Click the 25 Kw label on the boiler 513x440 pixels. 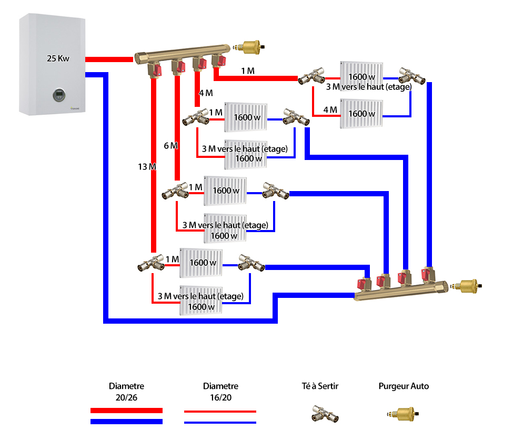tap(58, 58)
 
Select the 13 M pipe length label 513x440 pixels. tap(147, 167)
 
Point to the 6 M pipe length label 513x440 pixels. tap(170, 145)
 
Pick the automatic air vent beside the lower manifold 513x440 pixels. tap(468, 287)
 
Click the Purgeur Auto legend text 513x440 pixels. tap(404, 386)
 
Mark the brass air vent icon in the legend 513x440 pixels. tap(403, 414)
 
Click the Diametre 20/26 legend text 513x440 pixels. tap(126, 392)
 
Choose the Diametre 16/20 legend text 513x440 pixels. tap(220, 392)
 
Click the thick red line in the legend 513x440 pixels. tap(126, 411)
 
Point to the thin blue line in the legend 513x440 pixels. tap(220, 422)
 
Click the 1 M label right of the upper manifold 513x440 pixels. tap(247, 71)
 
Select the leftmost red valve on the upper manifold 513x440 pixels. tap(154, 69)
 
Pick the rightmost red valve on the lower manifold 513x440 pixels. tap(427, 274)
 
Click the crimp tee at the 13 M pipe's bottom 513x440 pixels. tap(151, 263)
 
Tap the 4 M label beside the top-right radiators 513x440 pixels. tap(329, 109)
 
